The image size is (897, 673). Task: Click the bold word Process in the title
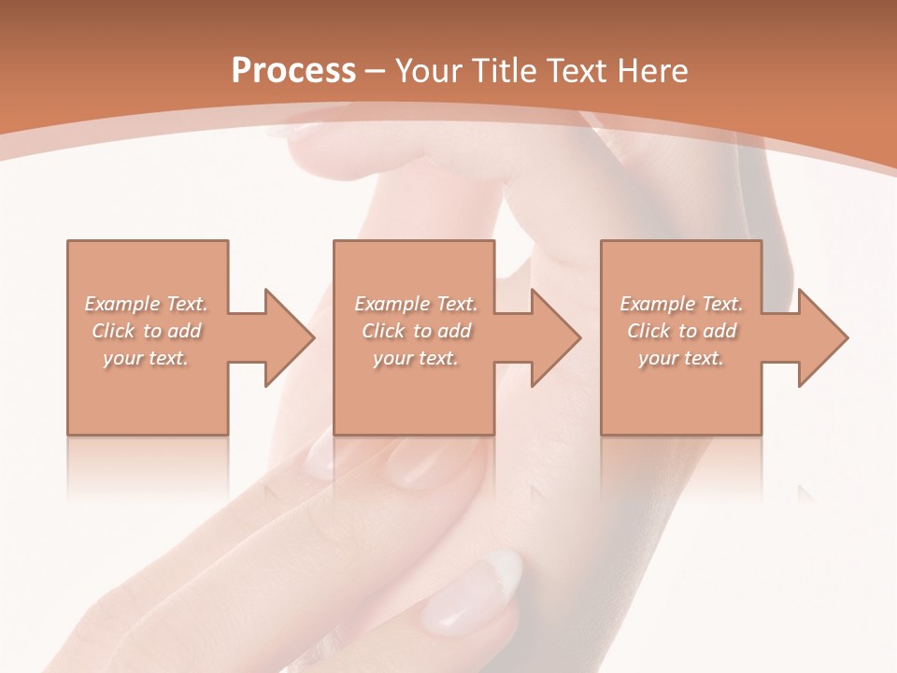(x=293, y=71)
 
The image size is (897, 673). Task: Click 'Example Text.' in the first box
(x=147, y=304)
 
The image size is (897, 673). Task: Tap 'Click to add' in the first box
(x=147, y=331)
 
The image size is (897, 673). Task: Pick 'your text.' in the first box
(x=147, y=358)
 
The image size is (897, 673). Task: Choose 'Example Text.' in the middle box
(x=416, y=304)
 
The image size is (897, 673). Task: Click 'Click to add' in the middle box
(x=416, y=331)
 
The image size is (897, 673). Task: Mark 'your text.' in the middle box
(x=416, y=358)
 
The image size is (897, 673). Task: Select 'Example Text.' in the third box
(x=681, y=304)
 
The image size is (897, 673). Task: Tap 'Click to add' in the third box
(x=681, y=331)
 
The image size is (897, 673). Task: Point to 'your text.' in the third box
(x=681, y=358)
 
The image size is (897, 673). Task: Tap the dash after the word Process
(x=376, y=71)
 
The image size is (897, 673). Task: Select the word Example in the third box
(x=658, y=304)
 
